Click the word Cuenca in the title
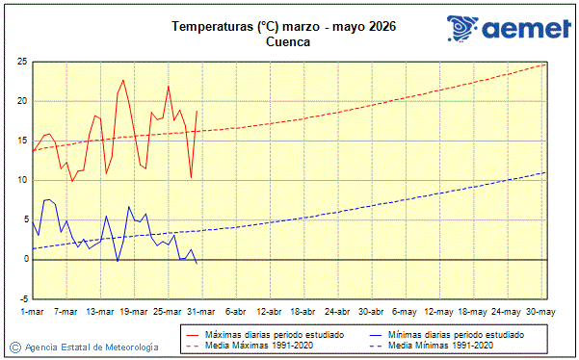click(287, 42)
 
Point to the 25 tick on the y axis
click(20, 62)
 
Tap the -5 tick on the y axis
click(20, 298)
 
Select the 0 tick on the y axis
click(23, 259)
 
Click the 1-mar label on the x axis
click(33, 312)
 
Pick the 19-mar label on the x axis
click(134, 312)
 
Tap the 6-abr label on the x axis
click(236, 312)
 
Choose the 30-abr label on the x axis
click(371, 312)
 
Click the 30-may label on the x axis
click(540, 312)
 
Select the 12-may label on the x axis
click(438, 312)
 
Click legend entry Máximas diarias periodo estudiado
click(268, 334)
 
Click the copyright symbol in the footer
click(14, 346)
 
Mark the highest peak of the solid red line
click(123, 80)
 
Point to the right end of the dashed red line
click(545, 64)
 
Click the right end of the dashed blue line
click(545, 172)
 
